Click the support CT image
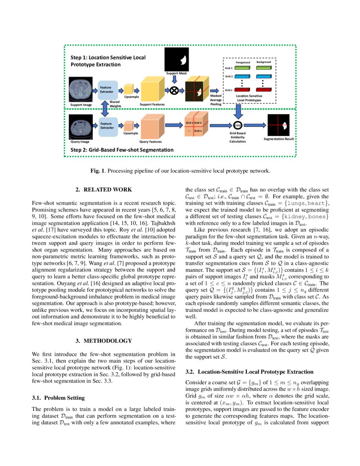tap(81, 89)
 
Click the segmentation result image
tap(278, 125)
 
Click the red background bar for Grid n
tap(263, 90)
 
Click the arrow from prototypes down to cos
tap(238, 112)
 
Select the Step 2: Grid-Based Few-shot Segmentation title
tap(122, 150)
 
